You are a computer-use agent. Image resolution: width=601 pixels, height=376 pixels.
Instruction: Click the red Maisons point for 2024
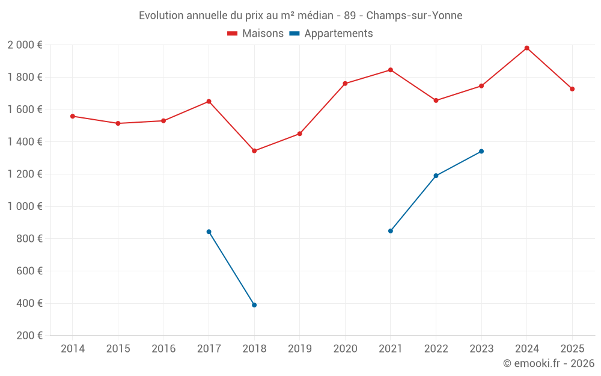(x=526, y=48)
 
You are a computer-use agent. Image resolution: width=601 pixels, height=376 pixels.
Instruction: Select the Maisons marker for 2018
(x=254, y=151)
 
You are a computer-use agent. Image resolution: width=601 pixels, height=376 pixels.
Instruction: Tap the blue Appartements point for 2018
(x=254, y=305)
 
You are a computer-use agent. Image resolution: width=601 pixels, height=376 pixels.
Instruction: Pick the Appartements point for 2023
(x=481, y=152)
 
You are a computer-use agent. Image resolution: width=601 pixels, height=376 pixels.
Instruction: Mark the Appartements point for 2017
(x=209, y=232)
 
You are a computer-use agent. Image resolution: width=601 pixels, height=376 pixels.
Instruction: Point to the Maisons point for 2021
(x=391, y=70)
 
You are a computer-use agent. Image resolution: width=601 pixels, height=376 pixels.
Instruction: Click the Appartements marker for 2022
(x=436, y=176)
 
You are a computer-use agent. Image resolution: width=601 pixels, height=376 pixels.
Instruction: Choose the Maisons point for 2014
(x=73, y=116)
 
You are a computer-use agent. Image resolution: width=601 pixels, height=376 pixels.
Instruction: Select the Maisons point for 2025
(x=572, y=89)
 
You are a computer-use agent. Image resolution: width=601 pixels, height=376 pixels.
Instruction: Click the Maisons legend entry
(x=255, y=34)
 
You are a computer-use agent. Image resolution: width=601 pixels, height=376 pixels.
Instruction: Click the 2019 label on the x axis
(x=300, y=348)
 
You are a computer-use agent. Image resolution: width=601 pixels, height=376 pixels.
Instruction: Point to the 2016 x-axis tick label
(x=163, y=348)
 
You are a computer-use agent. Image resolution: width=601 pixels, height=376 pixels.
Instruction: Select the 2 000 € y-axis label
(x=25, y=45)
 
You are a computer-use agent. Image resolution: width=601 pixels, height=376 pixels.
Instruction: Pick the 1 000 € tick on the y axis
(x=25, y=206)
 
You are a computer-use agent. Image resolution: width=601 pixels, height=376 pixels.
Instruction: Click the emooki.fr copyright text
(x=549, y=363)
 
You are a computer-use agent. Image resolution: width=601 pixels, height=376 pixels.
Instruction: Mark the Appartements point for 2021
(x=391, y=231)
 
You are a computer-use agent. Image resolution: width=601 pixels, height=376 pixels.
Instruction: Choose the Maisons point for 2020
(x=345, y=84)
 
